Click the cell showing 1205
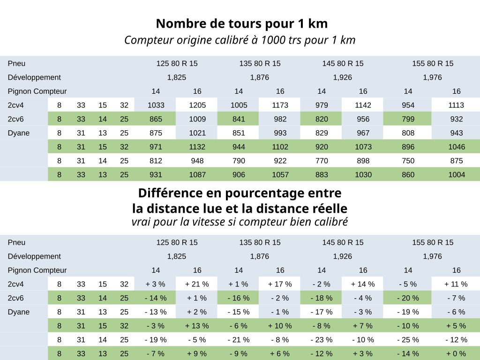197,105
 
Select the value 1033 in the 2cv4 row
156,105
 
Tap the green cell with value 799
408,119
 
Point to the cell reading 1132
197,147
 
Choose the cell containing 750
408,161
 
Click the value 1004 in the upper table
457,175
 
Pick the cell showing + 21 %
197,284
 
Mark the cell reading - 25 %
408,340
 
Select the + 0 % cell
457,354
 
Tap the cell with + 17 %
280,284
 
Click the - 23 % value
322,340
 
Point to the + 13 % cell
197,326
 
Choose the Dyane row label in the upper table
19,133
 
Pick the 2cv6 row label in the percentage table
16,298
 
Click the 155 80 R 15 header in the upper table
433,64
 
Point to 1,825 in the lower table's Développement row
177,256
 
